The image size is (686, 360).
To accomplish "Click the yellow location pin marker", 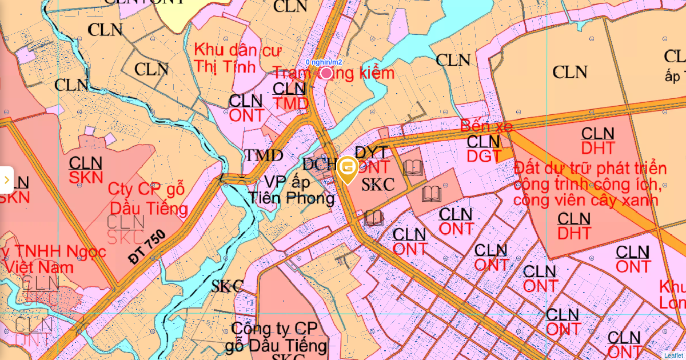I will [348, 169].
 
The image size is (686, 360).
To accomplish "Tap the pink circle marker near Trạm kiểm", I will [326, 73].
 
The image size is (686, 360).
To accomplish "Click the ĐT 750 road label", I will [147, 246].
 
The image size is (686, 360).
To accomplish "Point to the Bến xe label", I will [486, 126].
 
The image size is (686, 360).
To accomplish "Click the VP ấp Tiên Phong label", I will [292, 190].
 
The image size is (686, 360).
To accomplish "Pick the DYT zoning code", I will [372, 152].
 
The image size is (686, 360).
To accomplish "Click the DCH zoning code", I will [320, 165].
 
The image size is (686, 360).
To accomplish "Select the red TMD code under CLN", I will [290, 103].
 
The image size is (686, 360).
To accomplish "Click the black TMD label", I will [264, 155].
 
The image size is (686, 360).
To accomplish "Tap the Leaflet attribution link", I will [673, 355].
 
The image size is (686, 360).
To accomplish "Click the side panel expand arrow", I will [6, 180].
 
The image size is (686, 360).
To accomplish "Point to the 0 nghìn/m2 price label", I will [324, 62].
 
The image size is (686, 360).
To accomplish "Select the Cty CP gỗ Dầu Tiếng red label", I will [148, 198].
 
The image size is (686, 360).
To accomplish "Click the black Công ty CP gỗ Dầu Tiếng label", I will [277, 337].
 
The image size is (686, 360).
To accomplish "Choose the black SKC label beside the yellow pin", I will [378, 185].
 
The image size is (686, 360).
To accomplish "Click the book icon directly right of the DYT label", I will [413, 167].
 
